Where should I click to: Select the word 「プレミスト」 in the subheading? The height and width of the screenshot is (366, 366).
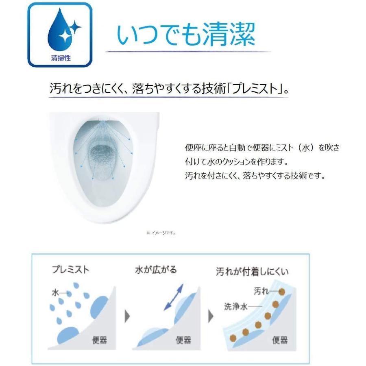click(x=255, y=89)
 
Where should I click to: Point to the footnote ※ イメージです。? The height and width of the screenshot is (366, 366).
click(x=160, y=233)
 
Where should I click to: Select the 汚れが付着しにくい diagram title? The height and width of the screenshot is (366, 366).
click(x=255, y=271)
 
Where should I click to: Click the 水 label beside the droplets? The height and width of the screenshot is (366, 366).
click(x=56, y=292)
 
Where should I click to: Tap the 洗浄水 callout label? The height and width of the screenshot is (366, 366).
click(x=235, y=307)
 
